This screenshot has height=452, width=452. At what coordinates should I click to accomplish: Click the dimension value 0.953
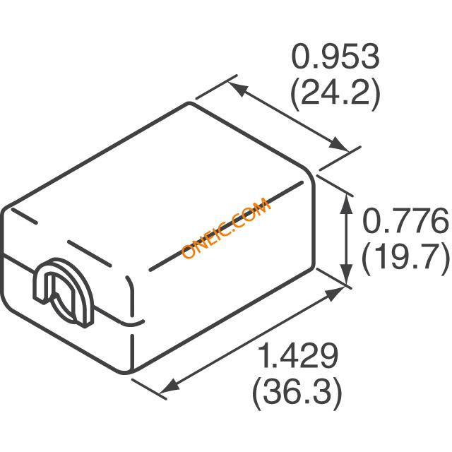point(336,56)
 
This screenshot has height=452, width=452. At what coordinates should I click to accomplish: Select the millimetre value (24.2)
point(336,93)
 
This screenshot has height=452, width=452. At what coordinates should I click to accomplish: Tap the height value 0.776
point(405,220)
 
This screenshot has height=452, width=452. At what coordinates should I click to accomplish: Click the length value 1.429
point(298,356)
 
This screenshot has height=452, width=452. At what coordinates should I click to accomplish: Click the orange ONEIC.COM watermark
point(226,228)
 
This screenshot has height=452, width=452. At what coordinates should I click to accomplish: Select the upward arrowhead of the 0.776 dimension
point(346,204)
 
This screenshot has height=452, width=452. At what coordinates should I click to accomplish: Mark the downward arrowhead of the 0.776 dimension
point(346,275)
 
